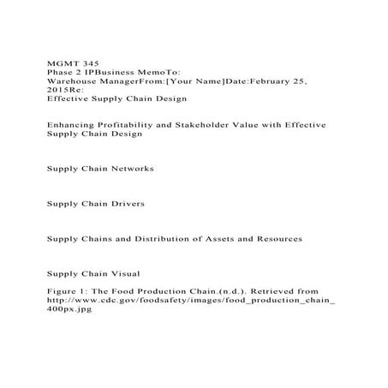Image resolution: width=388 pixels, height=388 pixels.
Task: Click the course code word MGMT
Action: (x=60, y=65)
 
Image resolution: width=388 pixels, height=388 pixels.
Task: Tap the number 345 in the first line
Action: (x=89, y=65)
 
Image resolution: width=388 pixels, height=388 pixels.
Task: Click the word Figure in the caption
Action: (x=59, y=292)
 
